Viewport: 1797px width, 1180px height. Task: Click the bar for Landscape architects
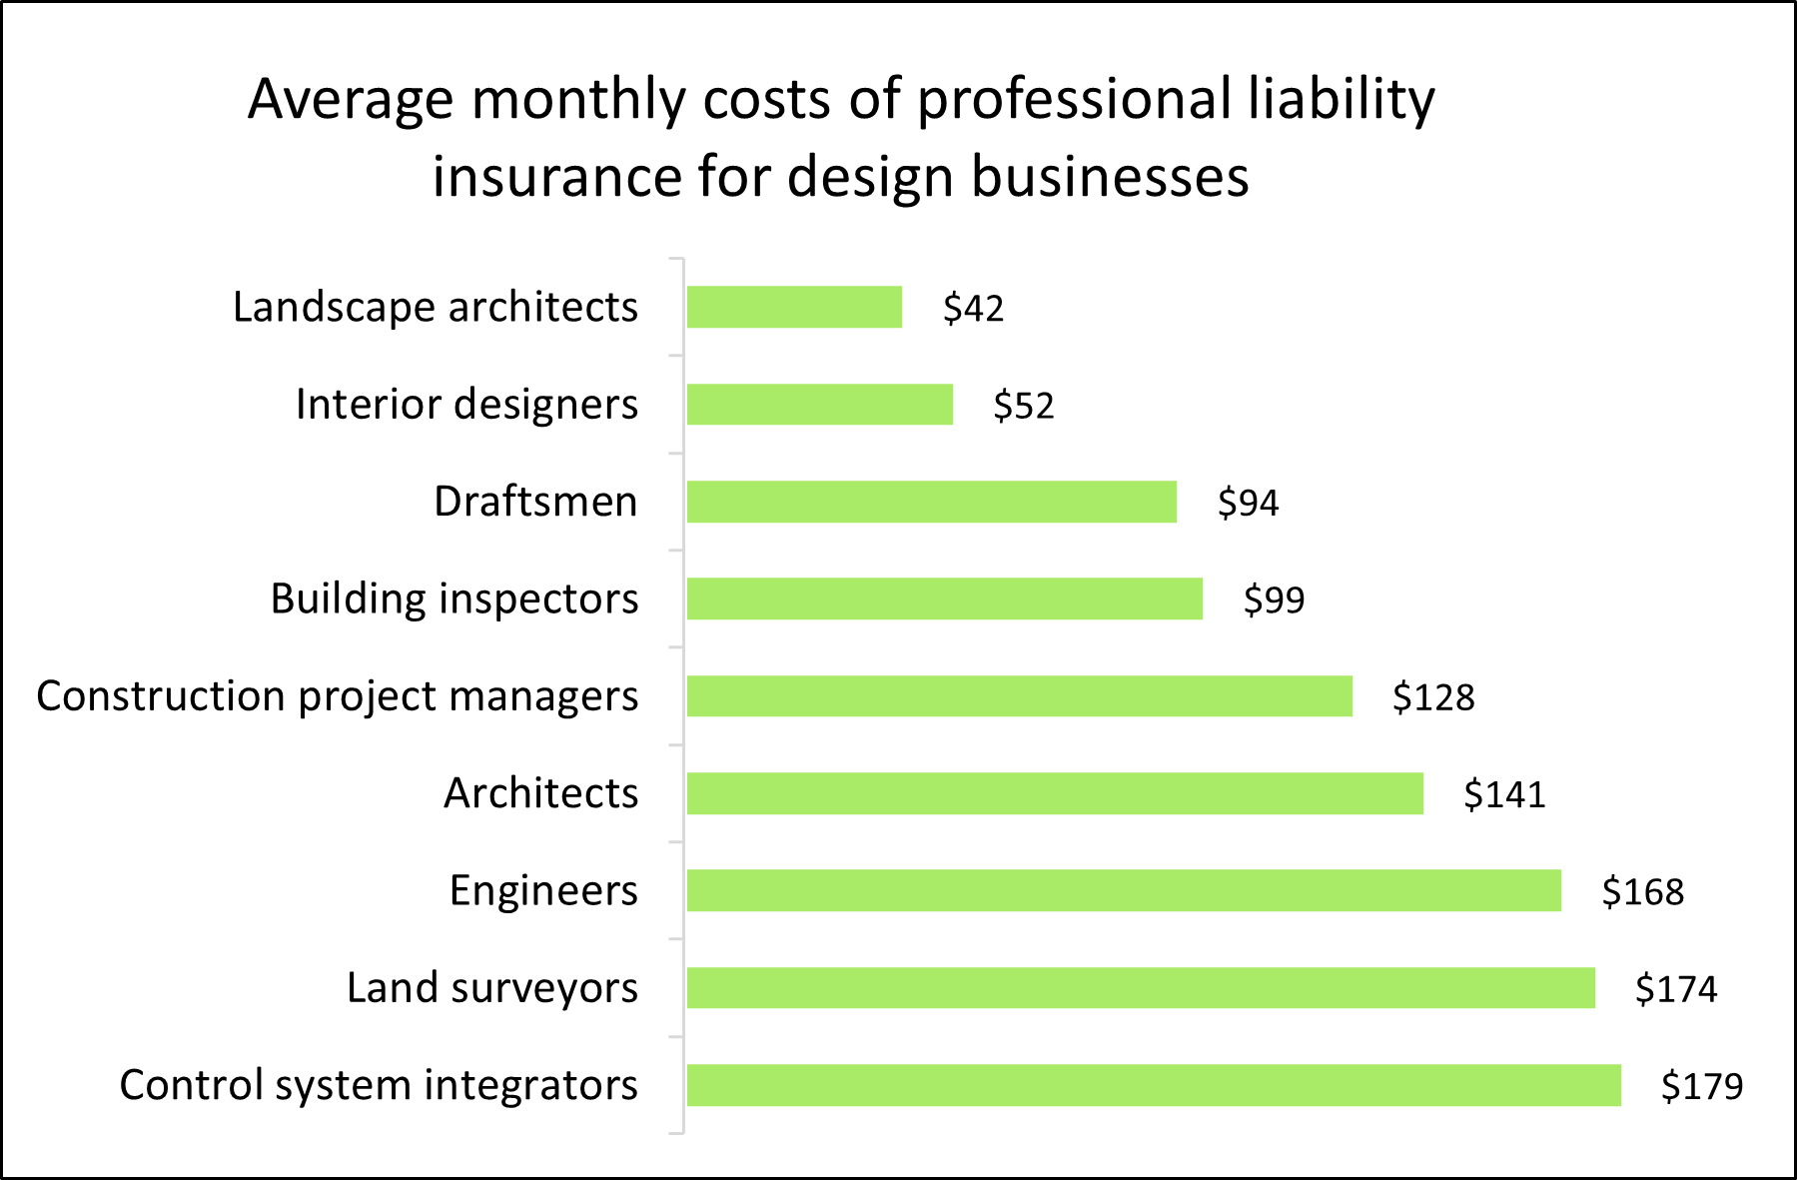pos(794,307)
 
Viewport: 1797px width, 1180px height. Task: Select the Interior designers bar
pos(819,405)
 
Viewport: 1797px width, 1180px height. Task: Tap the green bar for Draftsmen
pos(931,502)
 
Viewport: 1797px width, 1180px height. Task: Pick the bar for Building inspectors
pos(944,598)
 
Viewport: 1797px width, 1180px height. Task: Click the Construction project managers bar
pos(1019,696)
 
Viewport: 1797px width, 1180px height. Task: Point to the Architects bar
pos(1055,793)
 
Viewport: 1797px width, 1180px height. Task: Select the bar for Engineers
pos(1124,890)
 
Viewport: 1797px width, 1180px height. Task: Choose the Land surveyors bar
pos(1141,988)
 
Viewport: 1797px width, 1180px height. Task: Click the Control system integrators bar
pos(1154,1085)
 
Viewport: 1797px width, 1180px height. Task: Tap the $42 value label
pos(973,308)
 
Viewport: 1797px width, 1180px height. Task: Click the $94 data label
pos(1248,503)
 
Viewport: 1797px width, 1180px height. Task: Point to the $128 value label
pos(1433,697)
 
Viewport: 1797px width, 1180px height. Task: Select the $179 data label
pos(1702,1086)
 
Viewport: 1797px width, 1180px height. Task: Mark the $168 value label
pos(1643,891)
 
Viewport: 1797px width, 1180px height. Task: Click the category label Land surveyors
pos(491,988)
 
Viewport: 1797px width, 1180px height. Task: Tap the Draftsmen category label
pos(535,502)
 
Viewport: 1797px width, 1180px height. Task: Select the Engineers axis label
pos(543,890)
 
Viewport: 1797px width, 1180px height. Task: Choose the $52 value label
pos(1024,406)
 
